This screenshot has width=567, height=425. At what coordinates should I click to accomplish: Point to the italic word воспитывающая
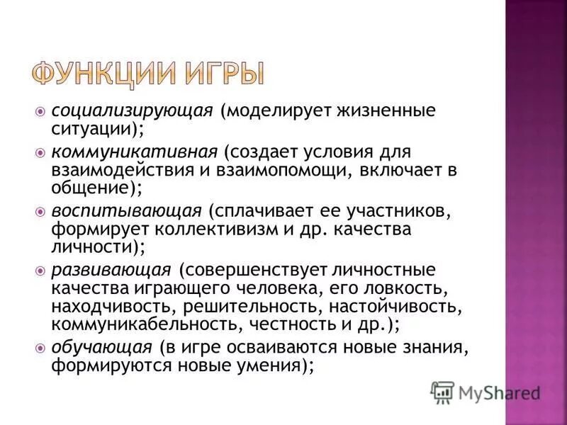(x=126, y=211)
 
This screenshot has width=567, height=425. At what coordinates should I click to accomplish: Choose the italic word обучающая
(x=101, y=348)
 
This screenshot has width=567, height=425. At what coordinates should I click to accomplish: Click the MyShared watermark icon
(x=442, y=392)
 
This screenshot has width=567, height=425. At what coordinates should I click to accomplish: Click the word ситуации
(x=91, y=131)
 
